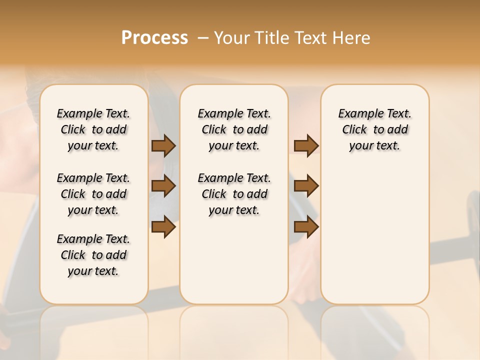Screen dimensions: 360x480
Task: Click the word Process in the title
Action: pos(154,38)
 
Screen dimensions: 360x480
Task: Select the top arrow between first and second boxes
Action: pos(163,145)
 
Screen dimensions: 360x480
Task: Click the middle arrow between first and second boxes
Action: pos(163,186)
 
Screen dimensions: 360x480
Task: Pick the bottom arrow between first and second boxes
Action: pos(163,226)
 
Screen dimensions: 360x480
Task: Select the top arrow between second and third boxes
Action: pos(306,145)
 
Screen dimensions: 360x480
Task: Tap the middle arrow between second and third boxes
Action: pos(306,186)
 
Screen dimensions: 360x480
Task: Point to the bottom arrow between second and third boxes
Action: pos(306,226)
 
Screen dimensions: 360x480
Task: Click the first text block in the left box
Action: pos(93,129)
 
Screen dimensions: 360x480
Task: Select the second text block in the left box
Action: pos(93,194)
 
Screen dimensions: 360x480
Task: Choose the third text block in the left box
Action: pos(93,255)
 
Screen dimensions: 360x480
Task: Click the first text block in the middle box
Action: pos(234,129)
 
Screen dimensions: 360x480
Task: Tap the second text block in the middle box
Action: pos(234,194)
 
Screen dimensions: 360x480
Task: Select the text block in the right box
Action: pos(374,129)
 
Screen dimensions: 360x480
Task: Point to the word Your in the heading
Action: pos(230,38)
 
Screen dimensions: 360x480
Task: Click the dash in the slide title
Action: pos(202,38)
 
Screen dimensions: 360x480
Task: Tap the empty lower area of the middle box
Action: pos(234,260)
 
